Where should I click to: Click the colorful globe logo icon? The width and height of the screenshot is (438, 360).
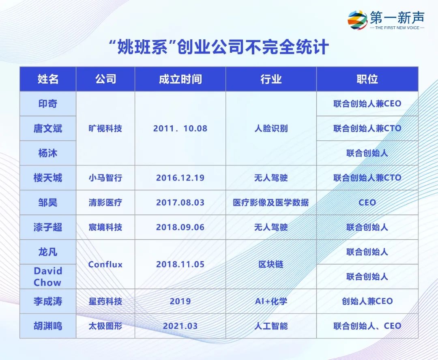tap(357, 20)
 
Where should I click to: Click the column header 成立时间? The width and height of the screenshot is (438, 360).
tap(180, 79)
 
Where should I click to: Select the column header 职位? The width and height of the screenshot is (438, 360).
tap(367, 79)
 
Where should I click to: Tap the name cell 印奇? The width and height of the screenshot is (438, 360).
tap(48, 104)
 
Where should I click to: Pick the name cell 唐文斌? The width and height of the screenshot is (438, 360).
tap(48, 129)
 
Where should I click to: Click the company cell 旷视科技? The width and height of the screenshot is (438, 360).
tap(105, 129)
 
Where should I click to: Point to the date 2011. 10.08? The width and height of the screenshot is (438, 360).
tap(180, 129)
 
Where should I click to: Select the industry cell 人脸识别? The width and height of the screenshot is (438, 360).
tap(271, 129)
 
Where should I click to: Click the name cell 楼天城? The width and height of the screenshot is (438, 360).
tap(48, 178)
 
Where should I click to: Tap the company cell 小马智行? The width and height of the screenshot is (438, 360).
tap(105, 178)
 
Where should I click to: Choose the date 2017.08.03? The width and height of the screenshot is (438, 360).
tap(180, 202)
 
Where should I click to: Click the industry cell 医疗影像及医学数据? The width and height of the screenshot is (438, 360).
tap(271, 202)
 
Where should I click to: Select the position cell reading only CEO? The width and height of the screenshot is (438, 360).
tap(367, 202)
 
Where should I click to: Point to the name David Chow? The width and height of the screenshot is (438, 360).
tap(48, 276)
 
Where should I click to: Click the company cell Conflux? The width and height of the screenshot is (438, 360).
tap(105, 264)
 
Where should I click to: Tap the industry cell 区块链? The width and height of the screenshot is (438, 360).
tap(271, 264)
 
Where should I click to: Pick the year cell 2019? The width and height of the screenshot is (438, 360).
tap(180, 301)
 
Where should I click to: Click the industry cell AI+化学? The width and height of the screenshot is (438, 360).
tap(271, 301)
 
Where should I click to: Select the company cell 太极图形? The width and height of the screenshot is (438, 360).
tap(105, 326)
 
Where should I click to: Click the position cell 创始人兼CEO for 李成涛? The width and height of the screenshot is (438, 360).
tap(367, 301)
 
